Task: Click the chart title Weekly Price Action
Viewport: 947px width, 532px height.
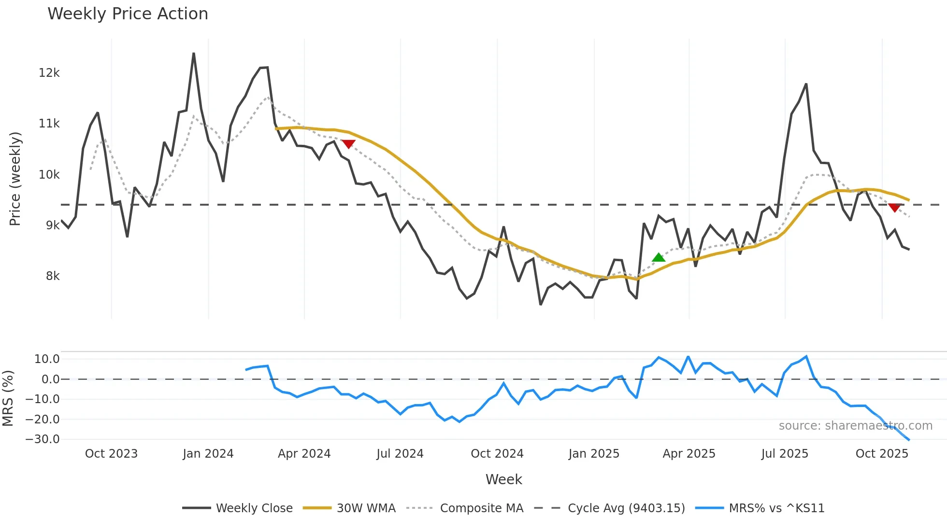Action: [128, 14]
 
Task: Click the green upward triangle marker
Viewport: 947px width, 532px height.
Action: [659, 258]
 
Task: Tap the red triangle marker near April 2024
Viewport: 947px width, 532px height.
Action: [348, 144]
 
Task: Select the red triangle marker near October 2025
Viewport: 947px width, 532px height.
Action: [894, 208]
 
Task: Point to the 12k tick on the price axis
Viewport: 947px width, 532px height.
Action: [49, 73]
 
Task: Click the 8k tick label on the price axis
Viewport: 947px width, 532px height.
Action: [52, 276]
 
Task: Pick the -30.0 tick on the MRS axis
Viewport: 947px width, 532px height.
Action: [43, 439]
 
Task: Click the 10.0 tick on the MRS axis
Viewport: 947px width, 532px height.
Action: [47, 359]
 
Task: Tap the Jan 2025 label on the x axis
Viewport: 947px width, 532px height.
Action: [594, 454]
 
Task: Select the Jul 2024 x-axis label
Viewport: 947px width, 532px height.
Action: [400, 454]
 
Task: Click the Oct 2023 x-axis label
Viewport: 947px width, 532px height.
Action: [111, 454]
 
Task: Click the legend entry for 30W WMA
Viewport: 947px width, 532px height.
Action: [366, 508]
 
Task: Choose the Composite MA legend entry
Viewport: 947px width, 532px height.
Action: [481, 508]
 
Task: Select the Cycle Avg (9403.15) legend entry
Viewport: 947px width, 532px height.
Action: [626, 508]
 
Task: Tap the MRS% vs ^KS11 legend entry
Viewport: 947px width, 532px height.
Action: [776, 508]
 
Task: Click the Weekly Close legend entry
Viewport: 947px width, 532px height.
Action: [254, 508]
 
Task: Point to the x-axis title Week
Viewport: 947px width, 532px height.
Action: [503, 479]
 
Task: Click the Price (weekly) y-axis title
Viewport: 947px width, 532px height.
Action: [15, 179]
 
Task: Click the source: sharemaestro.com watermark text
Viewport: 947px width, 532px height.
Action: [855, 426]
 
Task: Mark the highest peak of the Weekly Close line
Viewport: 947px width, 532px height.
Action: [194, 54]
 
